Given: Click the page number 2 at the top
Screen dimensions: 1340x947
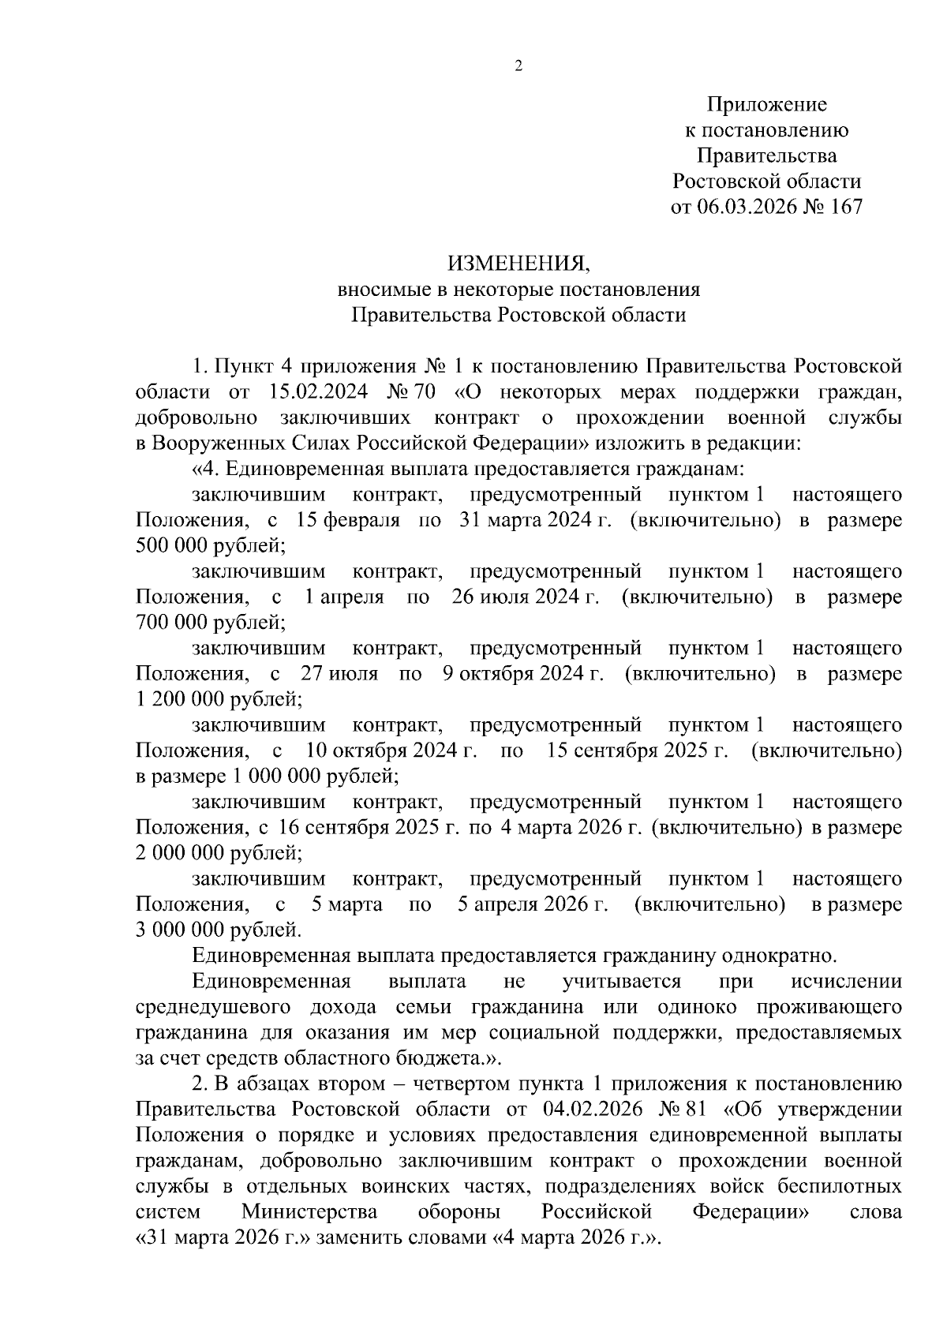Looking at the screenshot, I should [518, 67].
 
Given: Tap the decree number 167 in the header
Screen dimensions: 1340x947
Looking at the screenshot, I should [842, 207].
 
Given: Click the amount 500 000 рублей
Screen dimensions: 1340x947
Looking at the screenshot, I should [209, 545].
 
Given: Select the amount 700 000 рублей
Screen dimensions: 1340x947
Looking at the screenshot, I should [209, 622].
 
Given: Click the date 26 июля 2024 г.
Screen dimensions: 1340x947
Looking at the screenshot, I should [525, 597].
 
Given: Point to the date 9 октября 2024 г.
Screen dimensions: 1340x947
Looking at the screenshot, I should [524, 674].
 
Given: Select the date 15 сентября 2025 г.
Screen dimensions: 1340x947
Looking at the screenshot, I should [636, 750].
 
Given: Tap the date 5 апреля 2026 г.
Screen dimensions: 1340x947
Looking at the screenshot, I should [533, 904].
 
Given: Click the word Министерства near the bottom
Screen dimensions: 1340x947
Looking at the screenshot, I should [309, 1211].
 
